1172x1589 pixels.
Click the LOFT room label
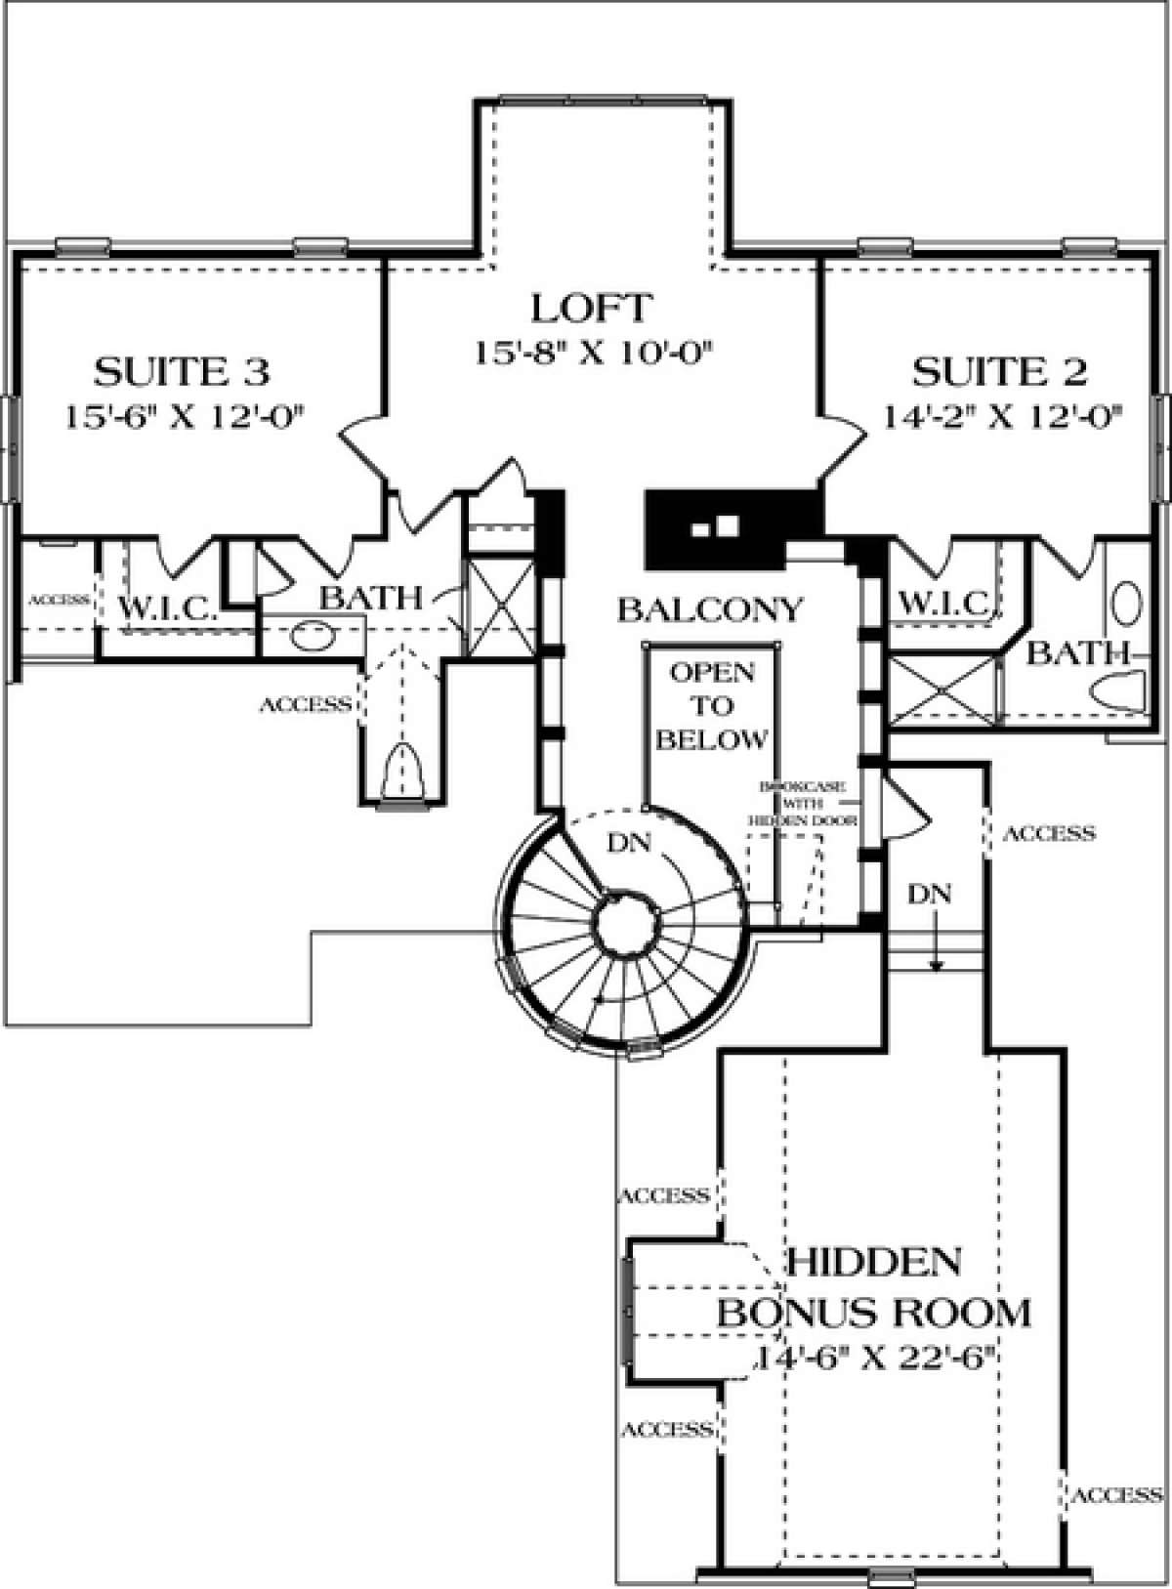click(590, 308)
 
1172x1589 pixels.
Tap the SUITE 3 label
click(182, 372)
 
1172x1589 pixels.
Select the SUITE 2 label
click(999, 372)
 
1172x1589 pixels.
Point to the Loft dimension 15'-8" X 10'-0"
click(590, 353)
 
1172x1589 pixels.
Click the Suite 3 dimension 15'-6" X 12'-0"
click(182, 417)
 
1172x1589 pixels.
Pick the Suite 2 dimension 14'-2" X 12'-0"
click(1000, 417)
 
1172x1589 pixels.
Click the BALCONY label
click(710, 610)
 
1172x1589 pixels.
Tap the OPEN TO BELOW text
click(711, 706)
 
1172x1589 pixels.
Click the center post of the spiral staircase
click(623, 923)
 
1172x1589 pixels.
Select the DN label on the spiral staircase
click(628, 843)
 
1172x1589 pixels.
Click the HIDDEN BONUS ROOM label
click(874, 1287)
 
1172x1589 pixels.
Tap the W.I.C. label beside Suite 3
click(168, 610)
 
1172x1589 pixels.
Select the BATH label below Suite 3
click(371, 598)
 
